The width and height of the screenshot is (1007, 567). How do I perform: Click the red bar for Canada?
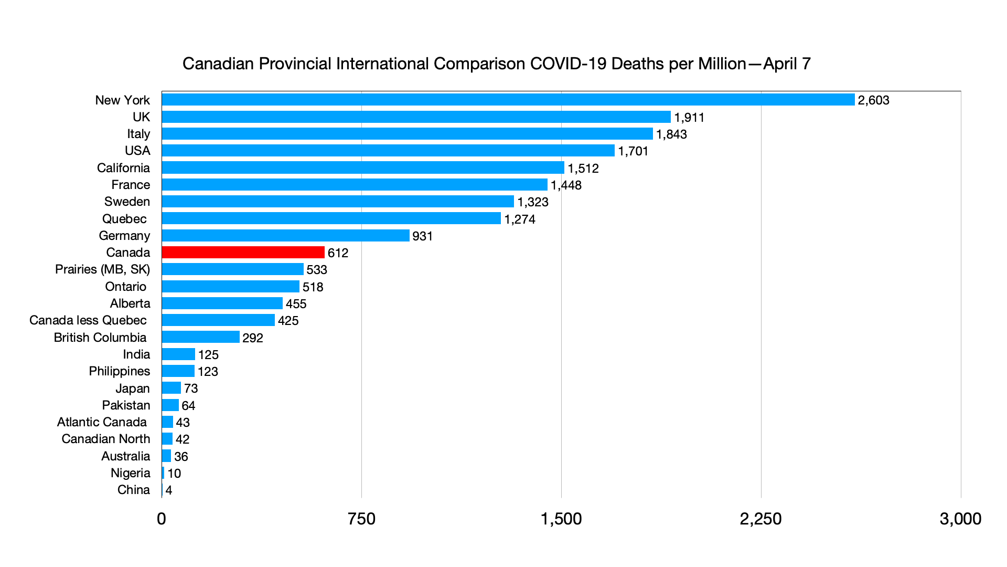pyautogui.click(x=243, y=253)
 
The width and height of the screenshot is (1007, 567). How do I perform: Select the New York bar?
pyautogui.click(x=508, y=100)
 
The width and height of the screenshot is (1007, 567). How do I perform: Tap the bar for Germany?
pyautogui.click(x=285, y=236)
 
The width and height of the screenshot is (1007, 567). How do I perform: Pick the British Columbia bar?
pyautogui.click(x=200, y=337)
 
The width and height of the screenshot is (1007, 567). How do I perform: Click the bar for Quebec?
pyautogui.click(x=331, y=218)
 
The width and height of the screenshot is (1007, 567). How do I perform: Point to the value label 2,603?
pyautogui.click(x=873, y=100)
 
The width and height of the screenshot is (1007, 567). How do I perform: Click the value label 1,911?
pyautogui.click(x=689, y=118)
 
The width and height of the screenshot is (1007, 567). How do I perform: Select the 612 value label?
pyautogui.click(x=338, y=253)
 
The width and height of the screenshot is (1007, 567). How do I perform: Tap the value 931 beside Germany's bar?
pyautogui.click(x=422, y=236)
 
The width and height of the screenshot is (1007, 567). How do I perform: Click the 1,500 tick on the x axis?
pyautogui.click(x=561, y=519)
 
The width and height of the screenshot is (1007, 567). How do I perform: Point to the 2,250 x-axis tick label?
pyautogui.click(x=760, y=519)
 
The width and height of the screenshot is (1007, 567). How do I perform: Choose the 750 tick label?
pyautogui.click(x=361, y=519)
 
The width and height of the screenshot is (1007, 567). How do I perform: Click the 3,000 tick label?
pyautogui.click(x=960, y=519)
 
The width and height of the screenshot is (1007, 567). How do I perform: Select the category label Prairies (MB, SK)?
pyautogui.click(x=102, y=269)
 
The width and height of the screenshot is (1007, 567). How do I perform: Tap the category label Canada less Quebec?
pyautogui.click(x=88, y=320)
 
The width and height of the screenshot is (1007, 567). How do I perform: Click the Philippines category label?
pyautogui.click(x=119, y=371)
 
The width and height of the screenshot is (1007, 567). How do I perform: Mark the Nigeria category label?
pyautogui.click(x=130, y=473)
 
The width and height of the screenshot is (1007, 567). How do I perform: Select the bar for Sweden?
pyautogui.click(x=338, y=202)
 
